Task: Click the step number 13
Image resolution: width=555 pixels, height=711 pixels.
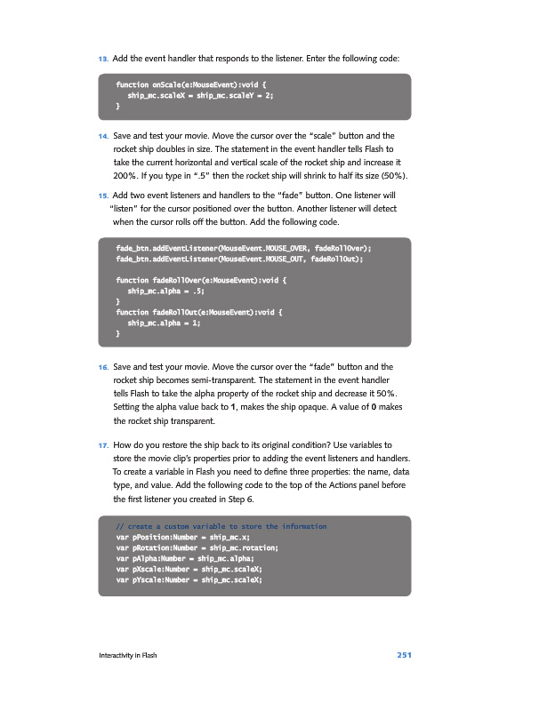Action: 103,59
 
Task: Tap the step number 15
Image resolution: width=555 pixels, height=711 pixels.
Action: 103,195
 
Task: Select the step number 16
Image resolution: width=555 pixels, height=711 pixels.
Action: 103,366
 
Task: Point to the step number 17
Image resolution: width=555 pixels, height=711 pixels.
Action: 103,443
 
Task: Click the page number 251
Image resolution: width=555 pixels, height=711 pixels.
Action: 404,656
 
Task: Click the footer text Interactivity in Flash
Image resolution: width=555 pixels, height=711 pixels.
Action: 128,656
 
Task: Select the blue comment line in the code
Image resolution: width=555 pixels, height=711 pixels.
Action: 221,527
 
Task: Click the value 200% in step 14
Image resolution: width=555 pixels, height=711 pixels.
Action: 127,175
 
